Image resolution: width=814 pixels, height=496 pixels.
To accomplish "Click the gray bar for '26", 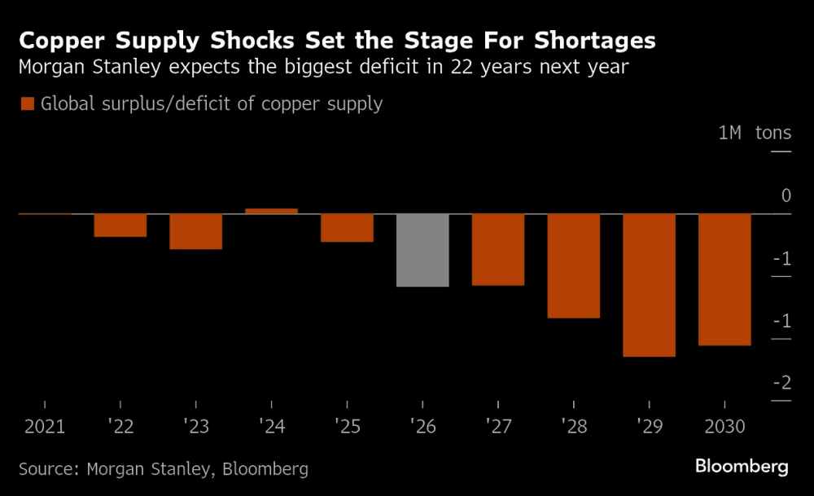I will [x=422, y=250].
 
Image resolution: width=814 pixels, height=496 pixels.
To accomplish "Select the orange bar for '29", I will [x=649, y=285].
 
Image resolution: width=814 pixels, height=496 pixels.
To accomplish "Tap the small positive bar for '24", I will [x=271, y=211].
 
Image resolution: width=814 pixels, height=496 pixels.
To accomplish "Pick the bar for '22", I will [x=120, y=226].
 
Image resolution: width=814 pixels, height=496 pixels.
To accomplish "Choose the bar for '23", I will [x=195, y=231].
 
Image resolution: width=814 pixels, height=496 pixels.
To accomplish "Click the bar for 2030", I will [x=724, y=279].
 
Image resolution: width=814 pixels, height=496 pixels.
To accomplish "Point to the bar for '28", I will [x=573, y=266].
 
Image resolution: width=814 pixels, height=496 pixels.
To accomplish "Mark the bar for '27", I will [x=498, y=249].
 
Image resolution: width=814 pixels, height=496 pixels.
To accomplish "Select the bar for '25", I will [x=347, y=228].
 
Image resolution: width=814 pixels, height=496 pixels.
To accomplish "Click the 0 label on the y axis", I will [x=786, y=195].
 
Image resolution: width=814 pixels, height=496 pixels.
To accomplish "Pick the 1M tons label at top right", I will [x=755, y=133].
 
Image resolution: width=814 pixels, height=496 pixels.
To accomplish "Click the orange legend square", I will [x=26, y=103].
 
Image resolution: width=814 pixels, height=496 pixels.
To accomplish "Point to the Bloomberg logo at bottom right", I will [x=742, y=467].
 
